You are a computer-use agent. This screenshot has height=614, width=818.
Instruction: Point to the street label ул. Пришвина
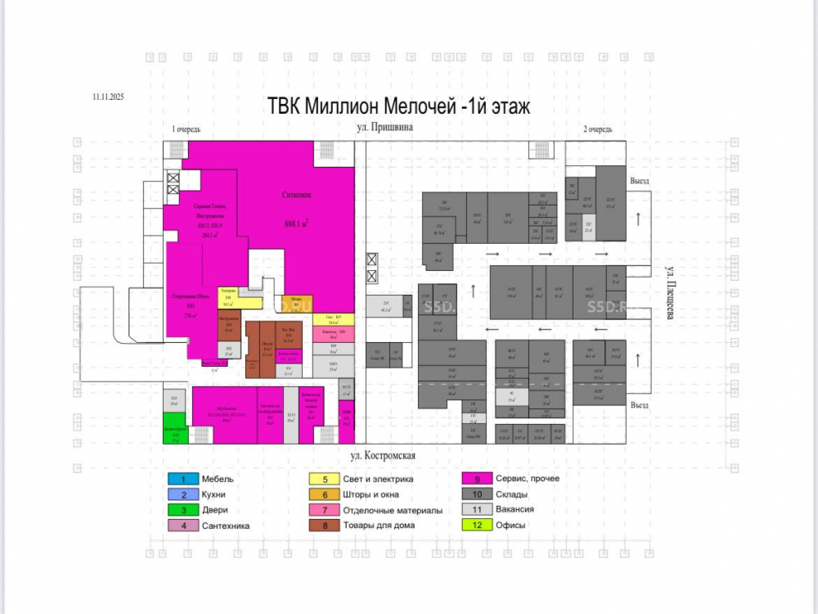pos(385,128)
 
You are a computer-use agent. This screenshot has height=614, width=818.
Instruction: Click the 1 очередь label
pos(187,129)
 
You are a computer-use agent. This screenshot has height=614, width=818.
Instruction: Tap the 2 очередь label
pos(597,129)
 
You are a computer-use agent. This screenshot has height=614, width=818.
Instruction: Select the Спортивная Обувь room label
pos(187,296)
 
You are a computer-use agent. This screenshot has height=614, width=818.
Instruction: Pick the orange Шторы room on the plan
pos(295,303)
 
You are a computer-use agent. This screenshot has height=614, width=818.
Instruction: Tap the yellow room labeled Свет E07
pos(332,318)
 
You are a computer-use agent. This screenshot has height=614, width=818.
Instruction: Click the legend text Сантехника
pos(227,526)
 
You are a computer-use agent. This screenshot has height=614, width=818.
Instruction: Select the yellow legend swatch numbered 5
pos(326,479)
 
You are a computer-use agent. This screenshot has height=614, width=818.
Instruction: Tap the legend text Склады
pos(513,494)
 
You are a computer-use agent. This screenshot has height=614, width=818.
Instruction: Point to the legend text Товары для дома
pos(380,526)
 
